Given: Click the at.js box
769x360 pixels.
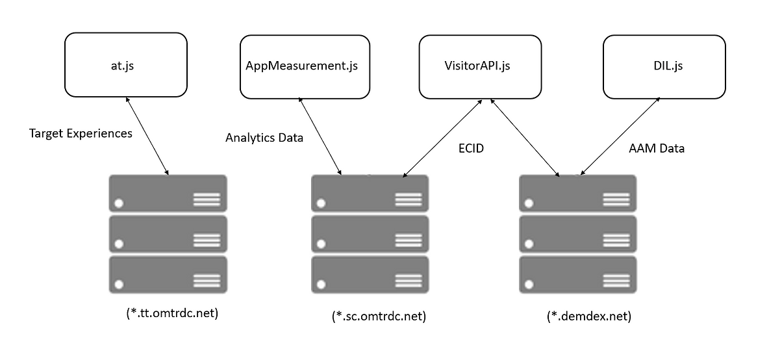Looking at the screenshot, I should [x=126, y=65].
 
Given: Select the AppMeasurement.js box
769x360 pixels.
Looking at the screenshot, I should [x=301, y=66].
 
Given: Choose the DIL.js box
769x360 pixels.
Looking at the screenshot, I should [x=664, y=66].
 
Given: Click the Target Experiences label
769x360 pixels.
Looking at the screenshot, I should [x=81, y=133].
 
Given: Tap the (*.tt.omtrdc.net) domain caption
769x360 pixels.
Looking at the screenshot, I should [x=172, y=313].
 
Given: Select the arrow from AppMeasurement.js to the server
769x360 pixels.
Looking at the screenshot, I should [x=320, y=136].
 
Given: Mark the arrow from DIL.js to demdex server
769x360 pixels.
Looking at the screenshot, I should [x=620, y=136].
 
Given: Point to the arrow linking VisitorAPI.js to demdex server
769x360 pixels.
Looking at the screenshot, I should [x=525, y=138].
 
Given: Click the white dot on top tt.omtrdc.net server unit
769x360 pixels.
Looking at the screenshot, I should [x=119, y=204].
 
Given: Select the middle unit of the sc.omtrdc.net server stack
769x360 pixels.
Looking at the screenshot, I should [x=370, y=234].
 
